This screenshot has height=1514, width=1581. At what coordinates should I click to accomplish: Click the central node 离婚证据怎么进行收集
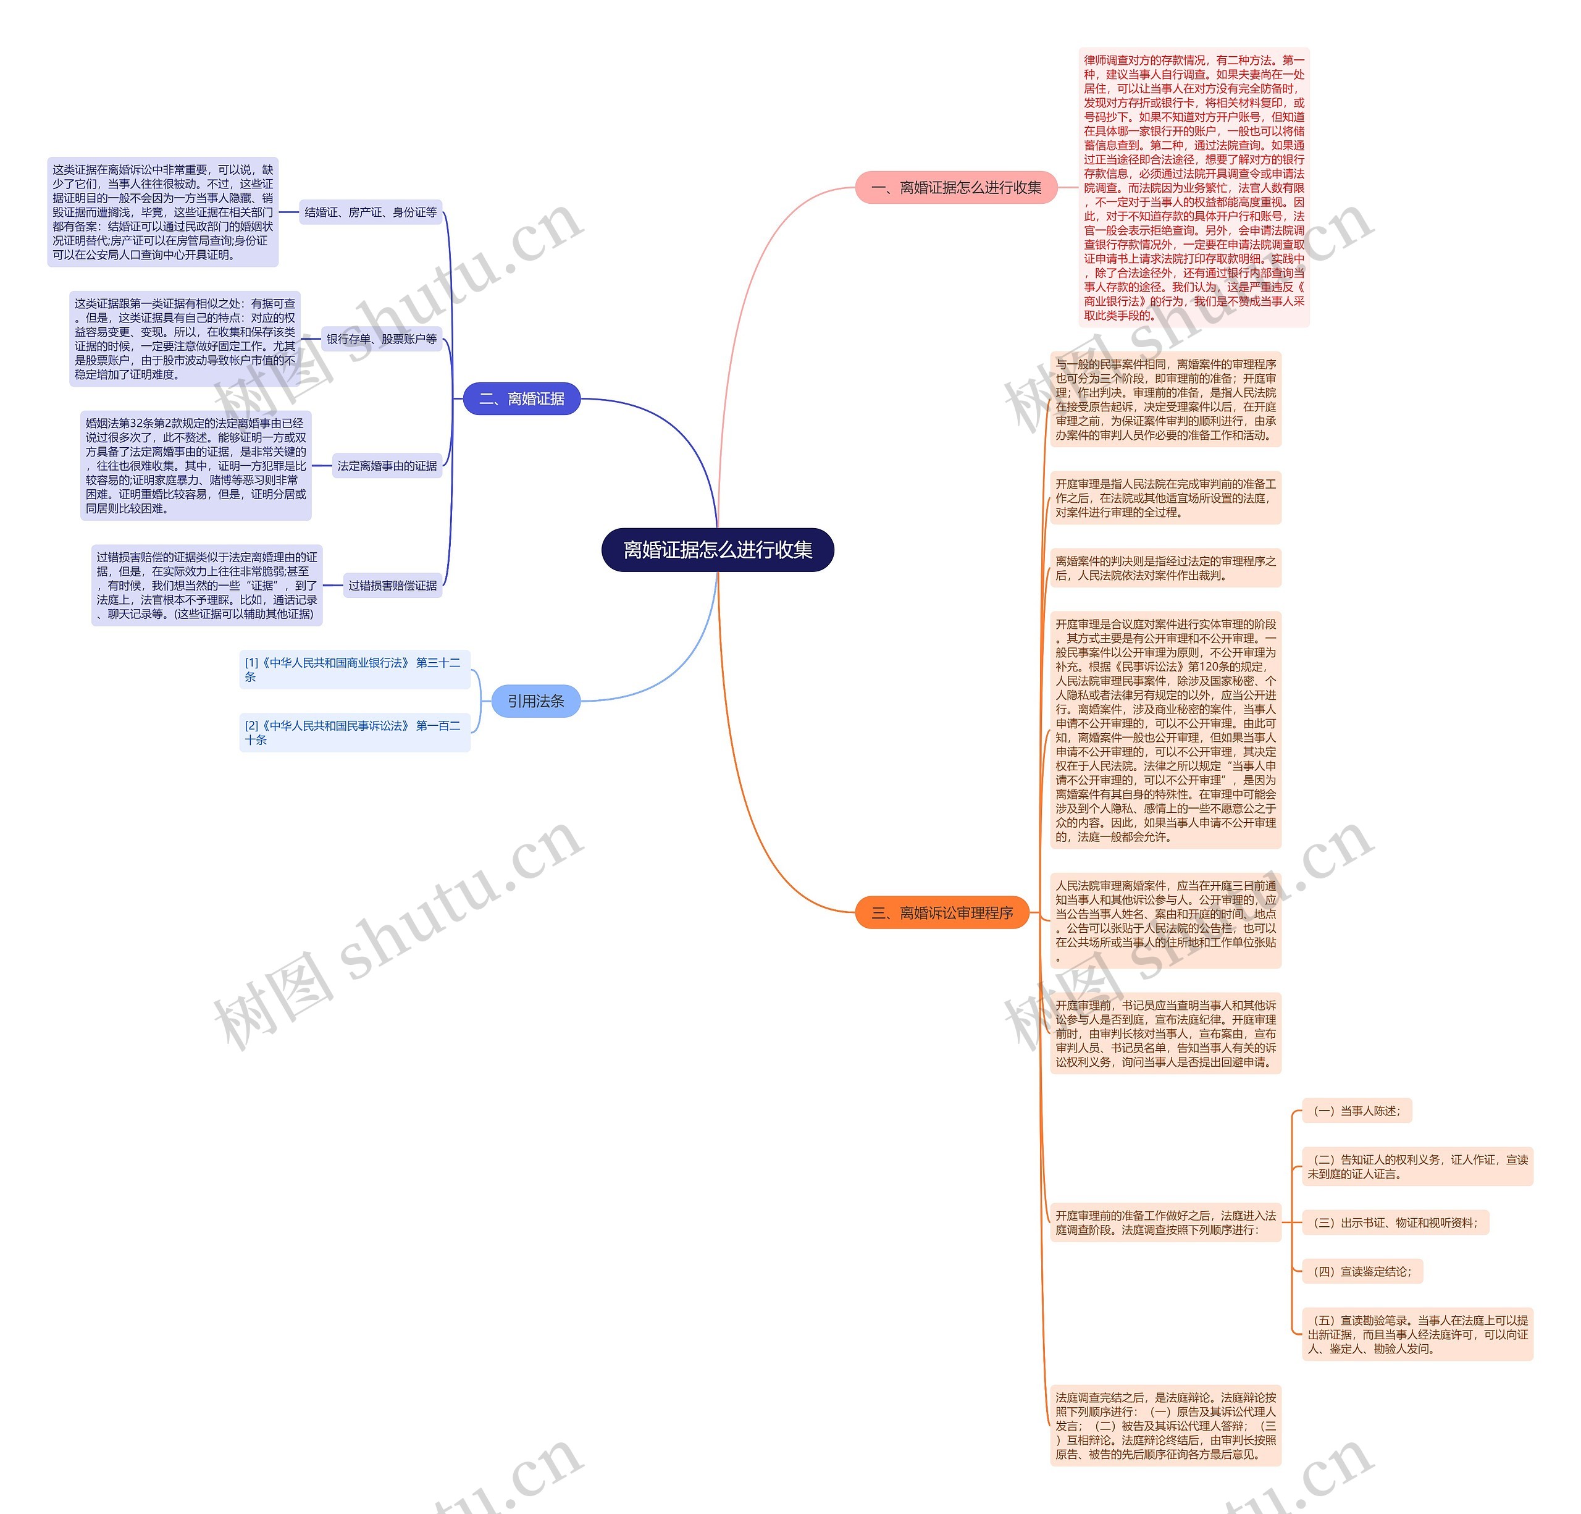(717, 550)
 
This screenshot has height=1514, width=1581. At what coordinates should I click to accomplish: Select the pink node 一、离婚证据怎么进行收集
(956, 188)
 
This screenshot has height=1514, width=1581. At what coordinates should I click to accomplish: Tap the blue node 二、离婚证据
(521, 398)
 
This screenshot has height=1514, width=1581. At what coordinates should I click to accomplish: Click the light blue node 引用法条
(535, 701)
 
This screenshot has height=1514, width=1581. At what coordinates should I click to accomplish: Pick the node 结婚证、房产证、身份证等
(371, 212)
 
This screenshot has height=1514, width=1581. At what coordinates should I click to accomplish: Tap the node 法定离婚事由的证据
(387, 465)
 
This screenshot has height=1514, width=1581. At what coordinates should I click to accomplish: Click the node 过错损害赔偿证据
(392, 586)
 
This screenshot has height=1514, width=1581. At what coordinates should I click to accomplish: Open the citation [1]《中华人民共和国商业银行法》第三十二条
(354, 670)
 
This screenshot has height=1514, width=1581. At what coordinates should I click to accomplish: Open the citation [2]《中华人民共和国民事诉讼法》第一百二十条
(354, 733)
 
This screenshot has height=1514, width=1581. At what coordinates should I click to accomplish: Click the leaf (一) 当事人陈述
(1357, 1111)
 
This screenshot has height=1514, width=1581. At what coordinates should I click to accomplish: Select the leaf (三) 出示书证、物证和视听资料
(1396, 1223)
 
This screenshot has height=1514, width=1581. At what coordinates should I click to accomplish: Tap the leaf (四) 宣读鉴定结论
(1362, 1271)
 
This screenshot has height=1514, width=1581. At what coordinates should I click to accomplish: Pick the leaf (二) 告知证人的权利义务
(1417, 1166)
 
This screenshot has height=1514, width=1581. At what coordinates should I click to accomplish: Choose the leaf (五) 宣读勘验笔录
(1417, 1334)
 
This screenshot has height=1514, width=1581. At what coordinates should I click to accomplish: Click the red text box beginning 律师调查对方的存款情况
(1194, 187)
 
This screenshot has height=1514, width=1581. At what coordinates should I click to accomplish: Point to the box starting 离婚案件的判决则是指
(1165, 568)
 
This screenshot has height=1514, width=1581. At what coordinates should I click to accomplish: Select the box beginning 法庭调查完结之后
(1165, 1425)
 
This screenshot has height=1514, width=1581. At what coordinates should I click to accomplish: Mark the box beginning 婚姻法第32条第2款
(196, 465)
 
